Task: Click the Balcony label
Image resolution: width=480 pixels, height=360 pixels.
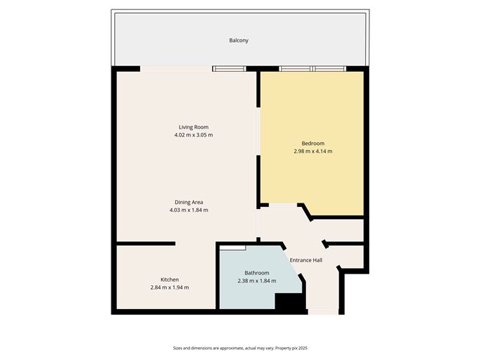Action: tap(239, 40)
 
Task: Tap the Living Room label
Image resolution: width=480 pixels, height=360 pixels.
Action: tap(193, 127)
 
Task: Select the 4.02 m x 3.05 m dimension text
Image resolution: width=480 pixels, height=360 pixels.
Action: tap(193, 135)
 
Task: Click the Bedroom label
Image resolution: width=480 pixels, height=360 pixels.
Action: tap(313, 143)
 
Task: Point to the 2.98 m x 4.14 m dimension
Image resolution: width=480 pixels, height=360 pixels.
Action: tap(313, 152)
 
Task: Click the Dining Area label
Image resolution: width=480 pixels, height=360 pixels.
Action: tap(188, 202)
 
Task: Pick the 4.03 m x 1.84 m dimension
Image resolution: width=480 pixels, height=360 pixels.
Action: tap(188, 211)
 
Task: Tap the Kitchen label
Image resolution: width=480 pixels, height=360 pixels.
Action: tap(170, 280)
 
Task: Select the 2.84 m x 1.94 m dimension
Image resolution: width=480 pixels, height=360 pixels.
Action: tap(170, 288)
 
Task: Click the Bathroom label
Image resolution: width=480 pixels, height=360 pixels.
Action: tap(257, 272)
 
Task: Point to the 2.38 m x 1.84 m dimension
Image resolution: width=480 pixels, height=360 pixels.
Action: tap(257, 281)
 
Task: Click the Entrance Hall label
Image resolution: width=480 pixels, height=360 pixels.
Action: tap(306, 260)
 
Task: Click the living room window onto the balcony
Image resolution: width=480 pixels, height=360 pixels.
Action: tap(229, 69)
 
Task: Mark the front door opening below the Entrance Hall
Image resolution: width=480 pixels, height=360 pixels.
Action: tap(323, 312)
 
